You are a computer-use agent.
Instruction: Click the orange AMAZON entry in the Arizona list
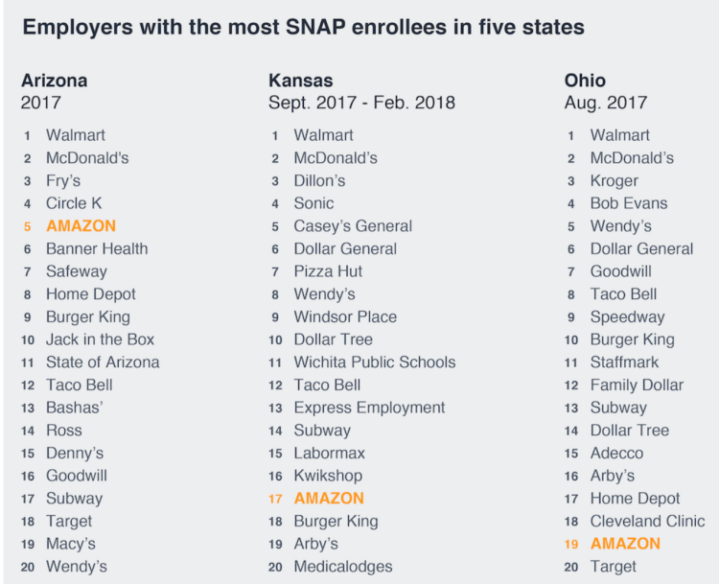click(81, 226)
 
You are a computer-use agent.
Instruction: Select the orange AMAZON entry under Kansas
click(329, 499)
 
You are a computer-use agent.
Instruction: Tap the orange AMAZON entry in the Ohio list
click(625, 544)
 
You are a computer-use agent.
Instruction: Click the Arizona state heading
click(54, 81)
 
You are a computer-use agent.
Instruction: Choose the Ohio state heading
click(585, 81)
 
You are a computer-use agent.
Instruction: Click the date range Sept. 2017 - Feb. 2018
click(361, 104)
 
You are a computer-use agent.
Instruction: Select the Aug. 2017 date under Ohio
click(606, 104)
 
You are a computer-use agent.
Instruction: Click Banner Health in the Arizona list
click(97, 249)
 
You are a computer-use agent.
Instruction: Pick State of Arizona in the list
click(103, 362)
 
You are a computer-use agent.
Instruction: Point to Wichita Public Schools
click(375, 362)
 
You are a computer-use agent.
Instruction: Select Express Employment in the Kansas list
click(369, 408)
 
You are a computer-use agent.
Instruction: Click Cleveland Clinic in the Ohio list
click(647, 522)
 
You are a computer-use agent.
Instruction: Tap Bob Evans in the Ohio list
click(629, 203)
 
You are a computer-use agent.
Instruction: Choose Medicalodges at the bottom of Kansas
click(342, 567)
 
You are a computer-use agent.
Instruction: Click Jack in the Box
click(100, 339)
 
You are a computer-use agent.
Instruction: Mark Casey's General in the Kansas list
click(353, 226)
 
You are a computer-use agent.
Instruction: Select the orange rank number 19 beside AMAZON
click(571, 544)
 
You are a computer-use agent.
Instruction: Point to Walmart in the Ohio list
click(619, 135)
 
